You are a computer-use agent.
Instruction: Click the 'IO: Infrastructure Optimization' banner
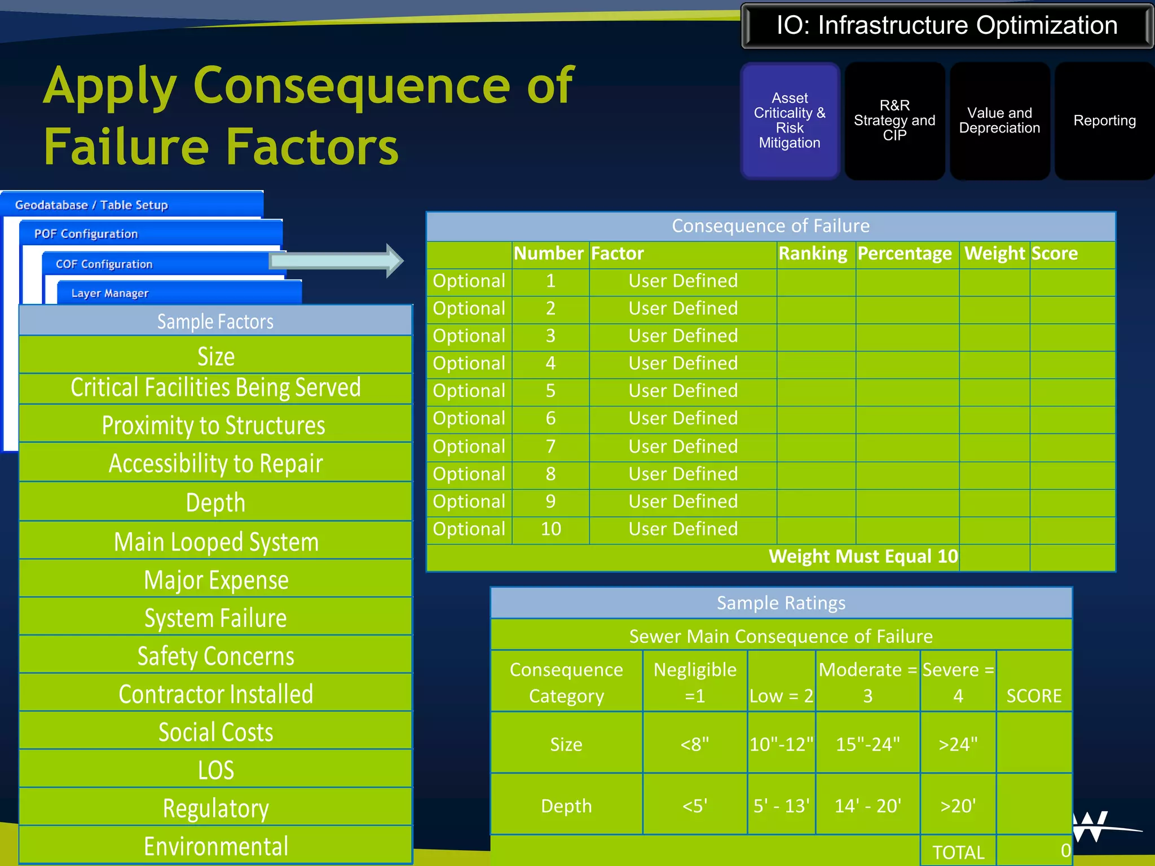click(x=946, y=26)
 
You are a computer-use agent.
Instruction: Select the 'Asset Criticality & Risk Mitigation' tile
click(x=790, y=121)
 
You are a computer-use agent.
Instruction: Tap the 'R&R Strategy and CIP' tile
click(x=894, y=121)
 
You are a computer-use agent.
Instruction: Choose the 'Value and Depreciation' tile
click(x=999, y=121)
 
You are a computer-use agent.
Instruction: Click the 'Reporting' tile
click(x=1104, y=121)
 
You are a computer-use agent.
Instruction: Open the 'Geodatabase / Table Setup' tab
click(x=91, y=205)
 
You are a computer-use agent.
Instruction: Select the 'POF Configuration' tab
click(x=86, y=233)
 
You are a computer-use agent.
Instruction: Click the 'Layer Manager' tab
click(x=109, y=293)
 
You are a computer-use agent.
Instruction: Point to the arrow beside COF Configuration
click(x=337, y=260)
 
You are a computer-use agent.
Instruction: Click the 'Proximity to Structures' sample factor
click(x=214, y=425)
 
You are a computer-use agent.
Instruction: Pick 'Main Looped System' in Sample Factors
click(x=216, y=542)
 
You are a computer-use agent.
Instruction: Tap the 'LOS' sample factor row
click(x=216, y=770)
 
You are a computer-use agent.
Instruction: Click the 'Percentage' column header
click(x=905, y=254)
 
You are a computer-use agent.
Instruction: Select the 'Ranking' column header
click(x=813, y=254)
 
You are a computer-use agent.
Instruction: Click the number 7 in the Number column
click(x=550, y=447)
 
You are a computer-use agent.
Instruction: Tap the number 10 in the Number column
click(x=550, y=529)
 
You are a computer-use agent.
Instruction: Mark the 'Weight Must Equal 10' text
click(x=863, y=556)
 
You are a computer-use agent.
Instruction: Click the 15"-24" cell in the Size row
click(x=867, y=744)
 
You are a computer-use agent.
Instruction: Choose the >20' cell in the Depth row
click(x=958, y=806)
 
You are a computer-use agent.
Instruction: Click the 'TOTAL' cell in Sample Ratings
click(x=958, y=852)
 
